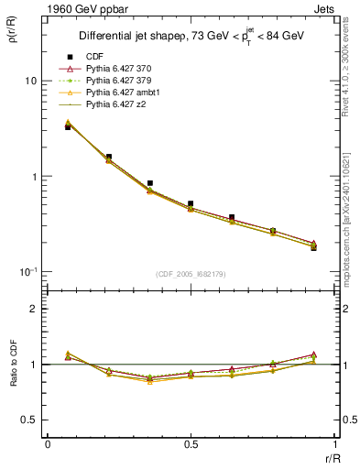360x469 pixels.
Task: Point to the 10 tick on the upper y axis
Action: pyautogui.click(x=30, y=81)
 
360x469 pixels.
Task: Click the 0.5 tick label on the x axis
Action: pyautogui.click(x=190, y=443)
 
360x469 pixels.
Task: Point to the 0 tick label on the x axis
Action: pyautogui.click(x=48, y=443)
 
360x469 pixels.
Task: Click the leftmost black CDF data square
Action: pyautogui.click(x=68, y=127)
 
